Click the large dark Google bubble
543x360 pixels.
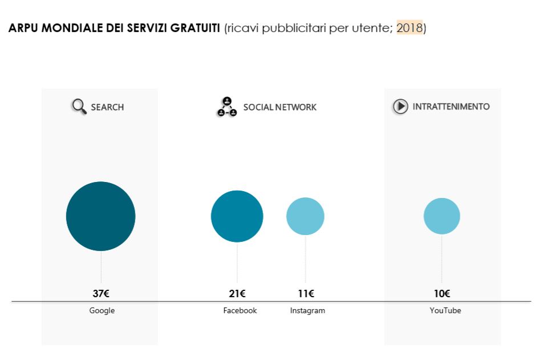100,216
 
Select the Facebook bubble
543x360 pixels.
237,216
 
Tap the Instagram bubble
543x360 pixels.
305,216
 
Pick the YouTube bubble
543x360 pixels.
441,216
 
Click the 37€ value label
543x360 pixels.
101,294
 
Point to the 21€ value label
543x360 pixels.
237,294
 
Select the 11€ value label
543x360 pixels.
306,294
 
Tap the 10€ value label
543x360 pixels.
442,294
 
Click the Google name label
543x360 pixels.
102,311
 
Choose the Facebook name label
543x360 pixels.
240,311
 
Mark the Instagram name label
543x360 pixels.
307,311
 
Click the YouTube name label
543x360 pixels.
445,311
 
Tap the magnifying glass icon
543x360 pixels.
79,106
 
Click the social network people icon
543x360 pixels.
226,107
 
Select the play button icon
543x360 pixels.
400,106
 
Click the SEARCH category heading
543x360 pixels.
107,107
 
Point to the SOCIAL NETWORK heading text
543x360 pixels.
279,107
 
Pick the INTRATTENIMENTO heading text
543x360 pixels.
451,107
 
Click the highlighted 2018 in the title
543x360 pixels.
410,28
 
